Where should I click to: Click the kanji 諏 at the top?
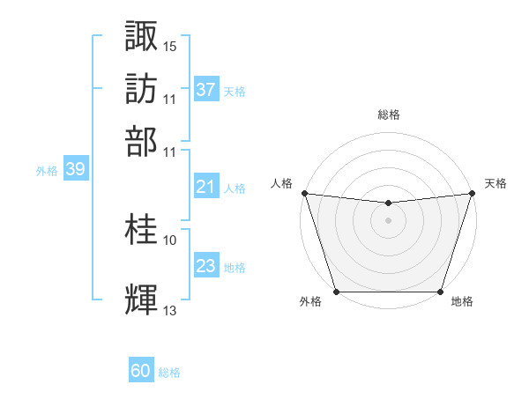click(x=142, y=36)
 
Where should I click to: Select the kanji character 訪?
click(x=142, y=88)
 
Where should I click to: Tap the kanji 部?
click(x=142, y=140)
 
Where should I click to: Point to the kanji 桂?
click(x=142, y=230)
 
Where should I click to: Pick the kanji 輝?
click(x=142, y=299)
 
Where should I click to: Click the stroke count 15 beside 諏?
click(x=170, y=46)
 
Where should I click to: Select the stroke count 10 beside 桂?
click(x=170, y=240)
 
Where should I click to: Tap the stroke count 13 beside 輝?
click(x=170, y=310)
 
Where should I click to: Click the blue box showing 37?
click(x=205, y=89)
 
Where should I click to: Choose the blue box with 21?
click(x=205, y=187)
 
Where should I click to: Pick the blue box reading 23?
click(x=205, y=266)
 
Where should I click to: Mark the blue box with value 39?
click(x=75, y=170)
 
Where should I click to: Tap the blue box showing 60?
click(x=141, y=372)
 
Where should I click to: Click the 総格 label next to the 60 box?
click(x=169, y=373)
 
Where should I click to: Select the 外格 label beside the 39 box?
click(x=47, y=171)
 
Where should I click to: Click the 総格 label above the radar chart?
click(x=388, y=115)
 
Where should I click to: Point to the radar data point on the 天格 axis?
click(x=472, y=193)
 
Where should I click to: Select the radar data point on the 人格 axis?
click(x=304, y=193)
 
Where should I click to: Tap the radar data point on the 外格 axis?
click(x=336, y=292)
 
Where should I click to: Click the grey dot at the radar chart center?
click(x=388, y=220)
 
